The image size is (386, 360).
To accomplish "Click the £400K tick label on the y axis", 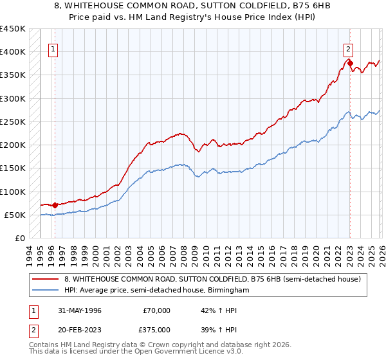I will point(13,52).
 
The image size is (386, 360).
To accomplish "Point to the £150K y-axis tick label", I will point(13,168).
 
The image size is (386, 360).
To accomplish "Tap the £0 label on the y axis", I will point(19,239).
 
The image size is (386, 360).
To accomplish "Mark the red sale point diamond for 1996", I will point(55,206).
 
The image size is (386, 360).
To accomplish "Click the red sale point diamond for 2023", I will point(350,64).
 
